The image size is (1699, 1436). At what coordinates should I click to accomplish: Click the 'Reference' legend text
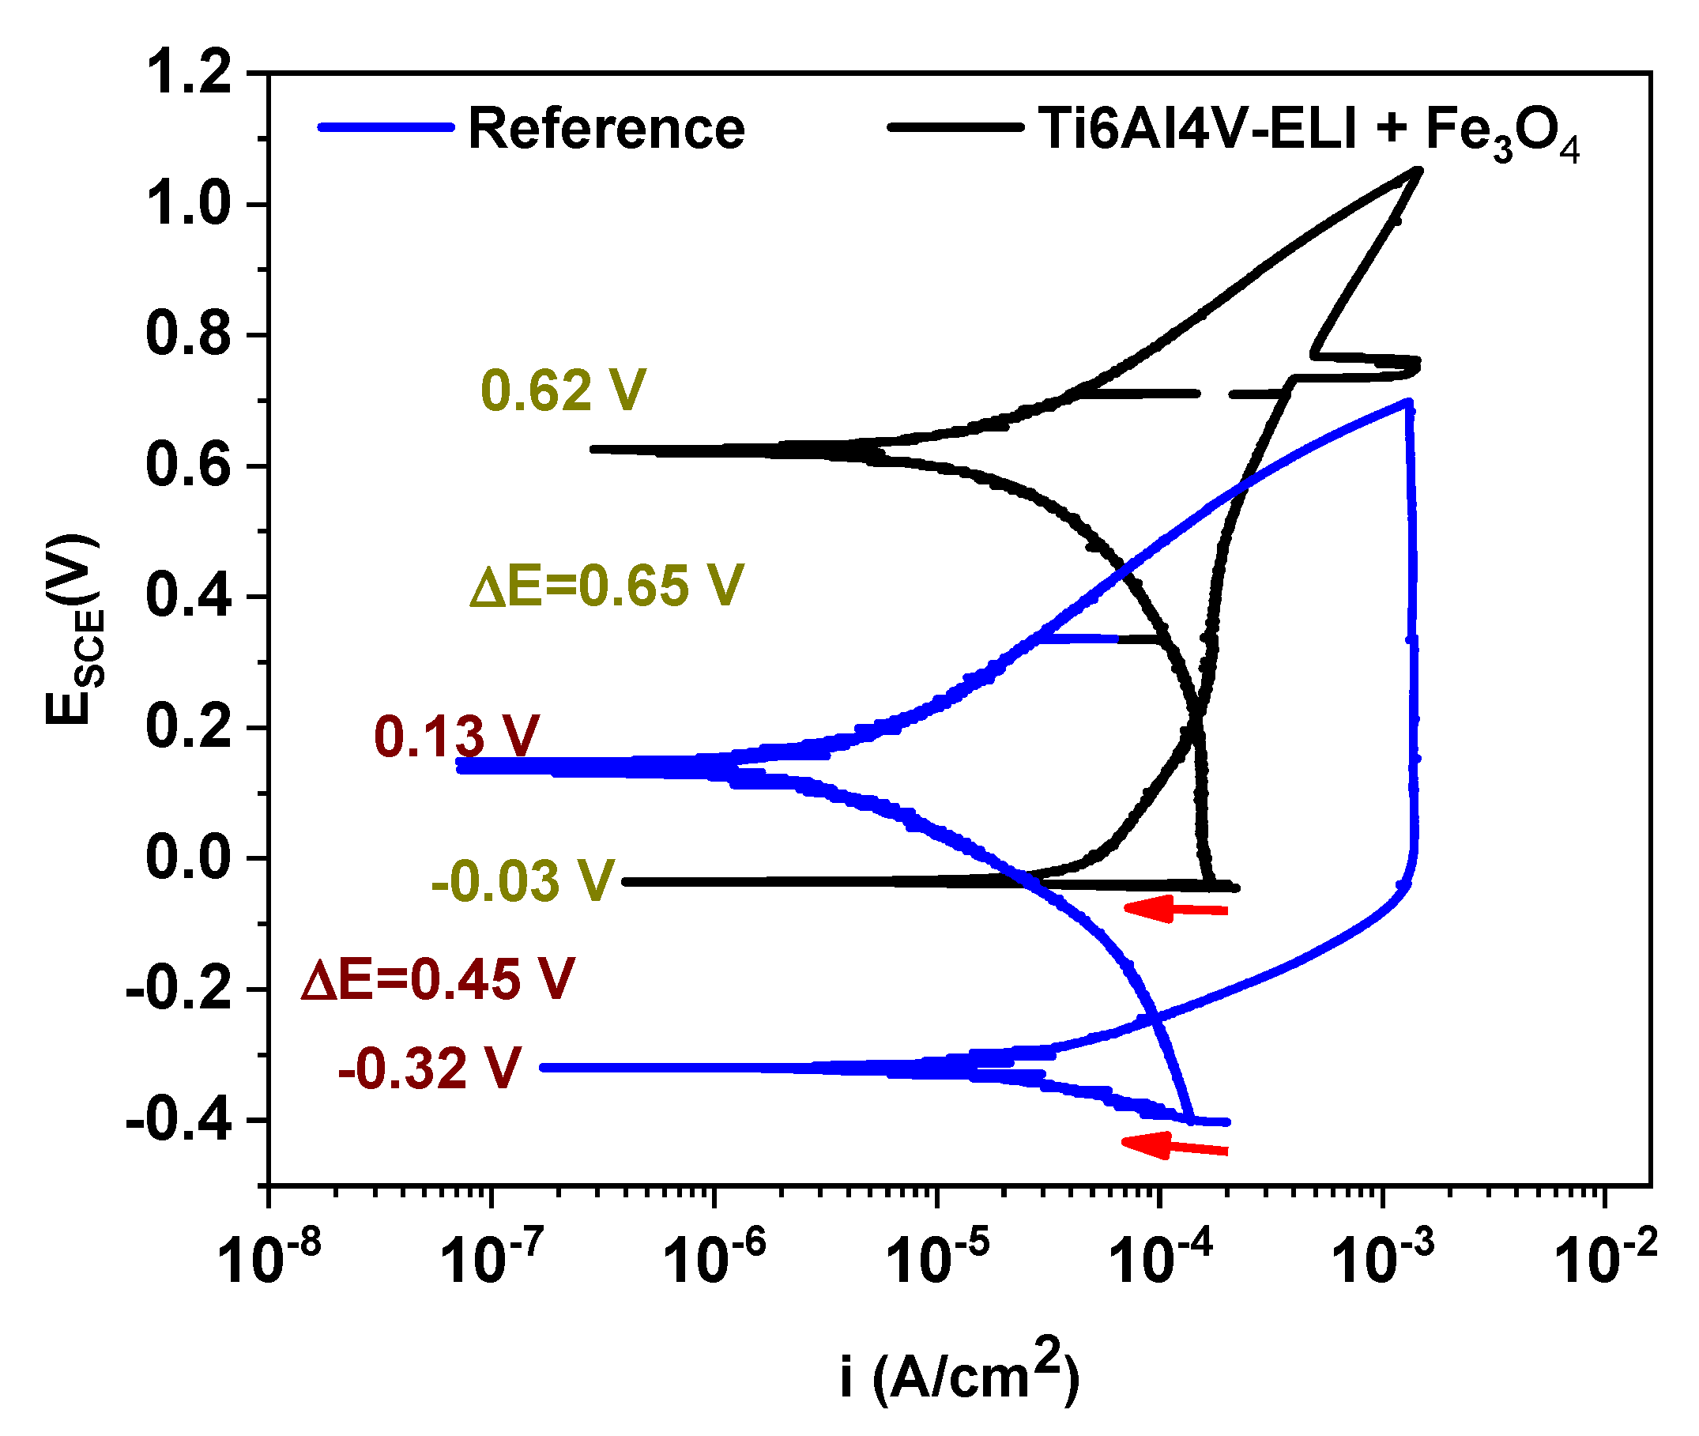[x=605, y=129]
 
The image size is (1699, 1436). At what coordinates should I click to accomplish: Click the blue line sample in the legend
[x=385, y=127]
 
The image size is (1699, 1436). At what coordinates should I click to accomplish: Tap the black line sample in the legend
[x=954, y=127]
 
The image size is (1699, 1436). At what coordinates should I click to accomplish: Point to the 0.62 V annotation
[x=563, y=390]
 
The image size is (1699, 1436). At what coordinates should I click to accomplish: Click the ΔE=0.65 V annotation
[x=606, y=586]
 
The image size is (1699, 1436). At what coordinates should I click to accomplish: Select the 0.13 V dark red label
[x=456, y=737]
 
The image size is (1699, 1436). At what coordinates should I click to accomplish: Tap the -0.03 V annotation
[x=522, y=882]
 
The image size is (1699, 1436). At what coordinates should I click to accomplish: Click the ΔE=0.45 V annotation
[x=438, y=979]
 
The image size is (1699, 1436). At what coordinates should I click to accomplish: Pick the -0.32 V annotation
[x=429, y=1068]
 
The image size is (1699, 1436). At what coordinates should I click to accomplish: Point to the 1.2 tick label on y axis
[x=188, y=73]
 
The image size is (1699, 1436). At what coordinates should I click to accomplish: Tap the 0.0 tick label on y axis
[x=188, y=858]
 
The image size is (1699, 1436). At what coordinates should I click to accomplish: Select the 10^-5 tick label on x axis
[x=938, y=1257]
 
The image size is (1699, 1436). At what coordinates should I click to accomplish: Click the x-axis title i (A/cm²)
[x=960, y=1376]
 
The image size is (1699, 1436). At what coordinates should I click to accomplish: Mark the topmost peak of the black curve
[x=1419, y=170]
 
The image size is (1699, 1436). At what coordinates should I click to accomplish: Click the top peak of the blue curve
[x=1407, y=401]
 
